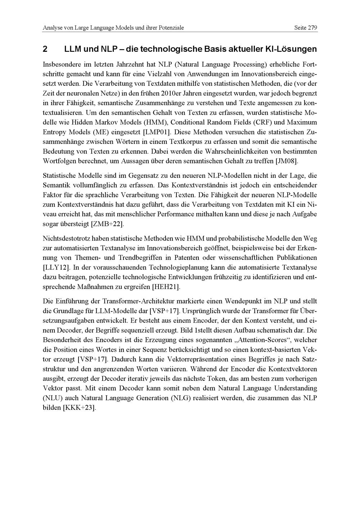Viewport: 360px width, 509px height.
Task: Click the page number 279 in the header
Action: click(312, 28)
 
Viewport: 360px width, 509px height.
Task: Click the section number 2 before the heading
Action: click(45, 49)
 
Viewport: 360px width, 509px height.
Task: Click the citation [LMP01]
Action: click(157, 132)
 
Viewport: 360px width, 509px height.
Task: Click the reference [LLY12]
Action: click(56, 267)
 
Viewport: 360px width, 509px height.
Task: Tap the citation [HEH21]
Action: click(166, 287)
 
